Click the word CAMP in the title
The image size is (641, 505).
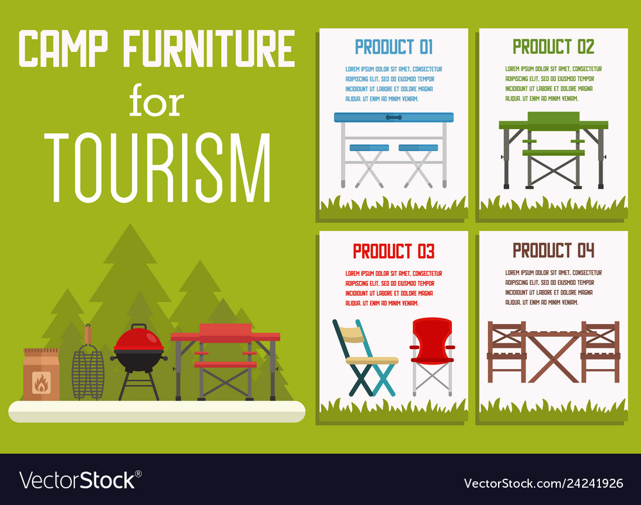(x=63, y=48)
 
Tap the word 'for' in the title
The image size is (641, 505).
(x=156, y=100)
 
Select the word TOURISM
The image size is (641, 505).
(x=158, y=167)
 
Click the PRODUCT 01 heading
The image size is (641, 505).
(x=394, y=47)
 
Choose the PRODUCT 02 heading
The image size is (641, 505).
(x=553, y=47)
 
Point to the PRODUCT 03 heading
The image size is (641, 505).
(x=394, y=252)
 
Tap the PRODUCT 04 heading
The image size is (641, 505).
(x=553, y=250)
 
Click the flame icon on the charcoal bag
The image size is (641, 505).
(x=41, y=382)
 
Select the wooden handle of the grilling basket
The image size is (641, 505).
(x=88, y=335)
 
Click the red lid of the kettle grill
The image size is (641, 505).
(x=138, y=338)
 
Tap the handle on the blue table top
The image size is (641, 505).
(x=394, y=117)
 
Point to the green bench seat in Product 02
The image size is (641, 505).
(x=554, y=153)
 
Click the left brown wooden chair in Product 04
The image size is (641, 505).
(x=506, y=352)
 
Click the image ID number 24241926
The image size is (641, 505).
(x=594, y=483)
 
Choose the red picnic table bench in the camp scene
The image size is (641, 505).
(x=225, y=364)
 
